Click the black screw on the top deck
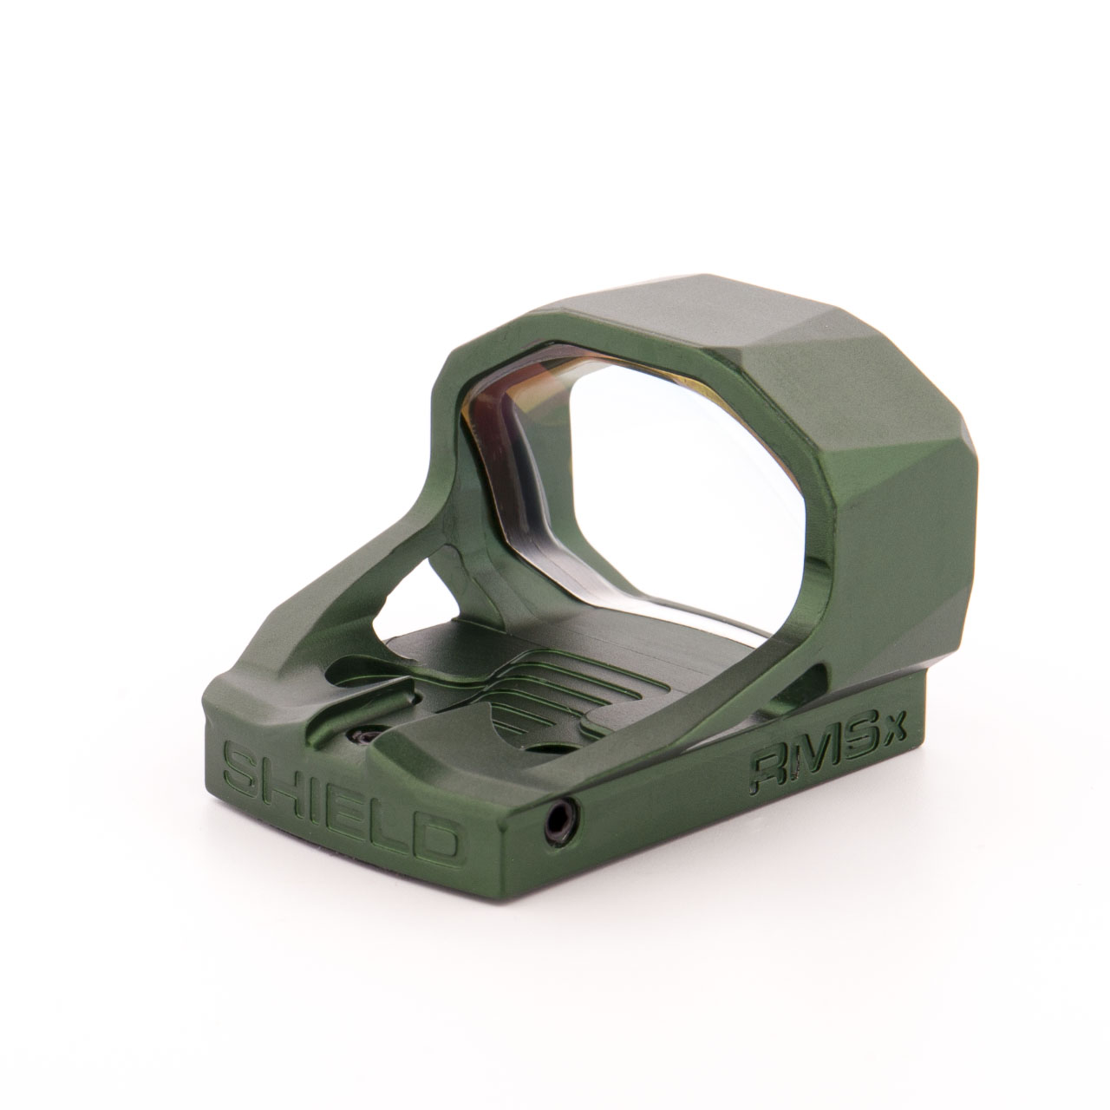[362, 736]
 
